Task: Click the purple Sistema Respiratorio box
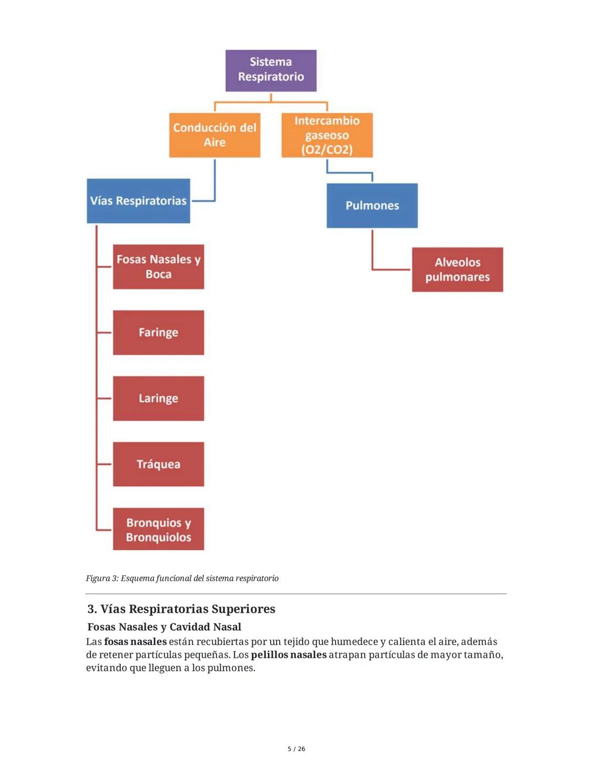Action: [271, 70]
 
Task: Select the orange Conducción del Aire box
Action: [215, 135]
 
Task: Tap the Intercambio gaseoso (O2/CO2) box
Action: [327, 135]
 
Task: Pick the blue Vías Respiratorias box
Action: [138, 201]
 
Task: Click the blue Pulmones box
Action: [372, 205]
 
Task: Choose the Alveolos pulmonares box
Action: [457, 270]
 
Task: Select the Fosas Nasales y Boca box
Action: [158, 267]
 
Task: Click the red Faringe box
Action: [158, 333]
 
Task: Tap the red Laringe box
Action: [158, 399]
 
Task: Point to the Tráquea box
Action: [158, 464]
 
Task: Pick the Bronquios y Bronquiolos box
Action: [158, 529]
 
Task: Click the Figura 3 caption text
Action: [182, 578]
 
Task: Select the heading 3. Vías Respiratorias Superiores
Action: [181, 609]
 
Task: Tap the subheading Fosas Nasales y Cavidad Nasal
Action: [164, 627]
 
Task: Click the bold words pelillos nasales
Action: [288, 654]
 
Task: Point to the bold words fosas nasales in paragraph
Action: [135, 641]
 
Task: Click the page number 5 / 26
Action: [296, 749]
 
